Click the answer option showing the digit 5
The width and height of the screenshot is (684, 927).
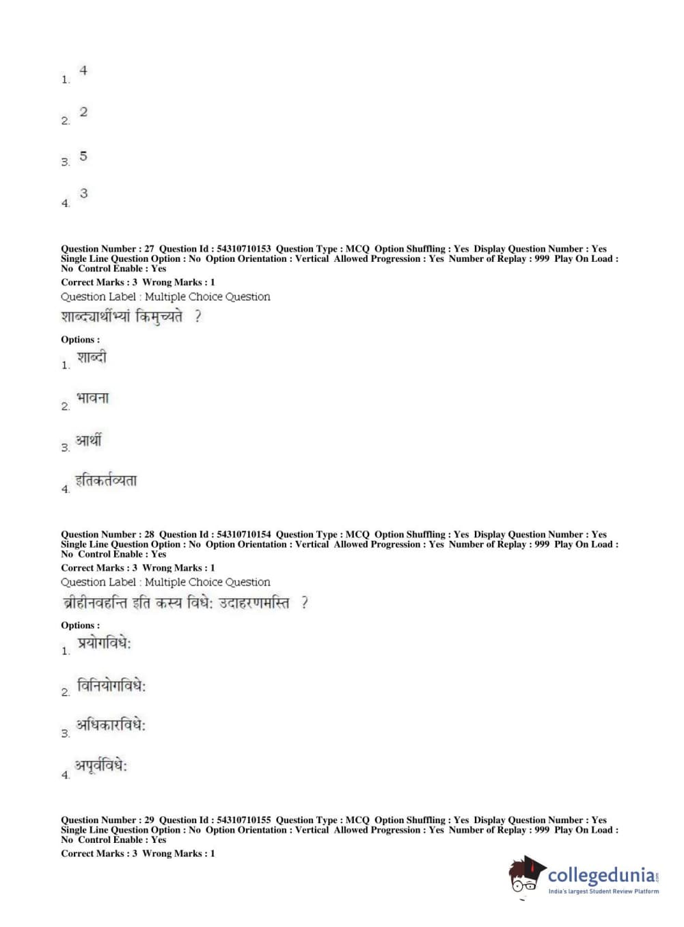coord(83,156)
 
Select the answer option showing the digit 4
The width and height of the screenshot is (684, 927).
coord(83,70)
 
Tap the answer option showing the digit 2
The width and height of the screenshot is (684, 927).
coord(83,112)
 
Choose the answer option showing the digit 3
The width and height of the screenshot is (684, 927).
coord(83,193)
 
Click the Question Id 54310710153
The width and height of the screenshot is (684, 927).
coord(243,249)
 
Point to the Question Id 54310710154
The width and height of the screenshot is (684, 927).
coord(243,535)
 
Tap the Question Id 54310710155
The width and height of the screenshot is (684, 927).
coord(243,820)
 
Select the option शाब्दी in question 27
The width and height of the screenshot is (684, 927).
coord(92,358)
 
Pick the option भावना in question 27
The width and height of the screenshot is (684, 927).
coord(92,398)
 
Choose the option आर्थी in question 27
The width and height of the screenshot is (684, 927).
coord(89,440)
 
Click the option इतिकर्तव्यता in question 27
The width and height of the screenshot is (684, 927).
coord(106,481)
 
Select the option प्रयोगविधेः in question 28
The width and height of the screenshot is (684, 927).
coord(104,643)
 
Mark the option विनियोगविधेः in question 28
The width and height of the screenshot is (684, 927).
coord(111,686)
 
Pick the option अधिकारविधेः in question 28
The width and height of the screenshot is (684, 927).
coord(111,725)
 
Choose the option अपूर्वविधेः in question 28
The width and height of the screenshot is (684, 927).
coord(101,766)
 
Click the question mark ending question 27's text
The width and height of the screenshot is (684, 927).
coord(197,317)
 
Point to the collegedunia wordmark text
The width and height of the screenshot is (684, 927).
coord(601,875)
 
